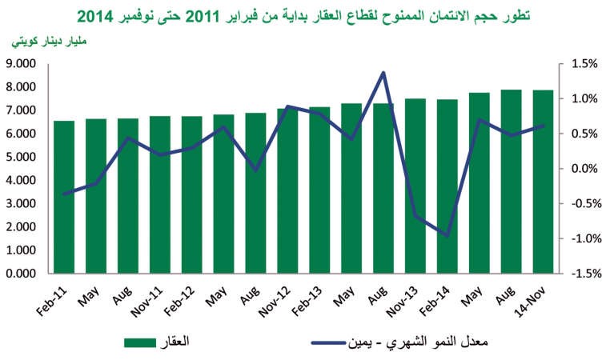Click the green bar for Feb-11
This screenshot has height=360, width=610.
click(64, 197)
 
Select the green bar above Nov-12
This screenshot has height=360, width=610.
click(287, 191)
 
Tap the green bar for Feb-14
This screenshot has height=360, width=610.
click(447, 186)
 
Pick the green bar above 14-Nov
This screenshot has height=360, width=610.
click(543, 182)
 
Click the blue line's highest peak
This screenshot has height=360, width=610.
click(383, 73)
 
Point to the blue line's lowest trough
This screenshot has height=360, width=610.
click(447, 235)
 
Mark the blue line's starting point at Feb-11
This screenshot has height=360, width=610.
click(65, 194)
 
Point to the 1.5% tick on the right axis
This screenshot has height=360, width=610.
click(584, 64)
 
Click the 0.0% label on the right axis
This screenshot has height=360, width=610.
click(584, 169)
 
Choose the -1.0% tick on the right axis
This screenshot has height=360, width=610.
click(586, 238)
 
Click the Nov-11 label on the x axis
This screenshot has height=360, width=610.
click(146, 302)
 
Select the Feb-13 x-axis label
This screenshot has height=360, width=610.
click(307, 302)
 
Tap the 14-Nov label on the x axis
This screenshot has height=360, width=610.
click(530, 302)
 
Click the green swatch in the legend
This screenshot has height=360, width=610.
click(140, 342)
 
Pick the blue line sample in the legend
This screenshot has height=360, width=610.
click(328, 343)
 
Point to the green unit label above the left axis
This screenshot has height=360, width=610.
click(49, 42)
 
